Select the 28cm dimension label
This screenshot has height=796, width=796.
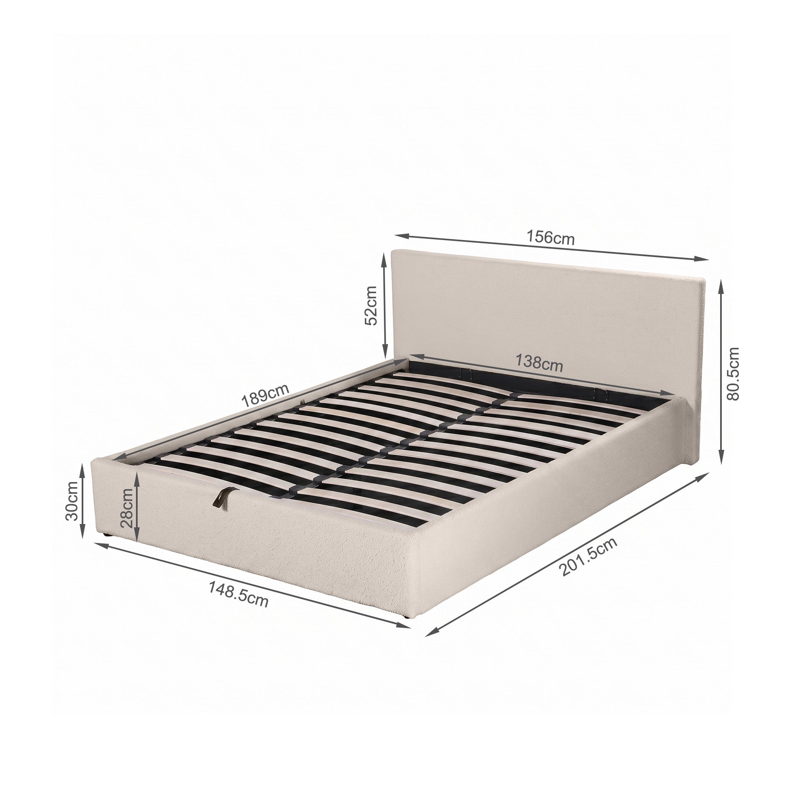126,507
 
